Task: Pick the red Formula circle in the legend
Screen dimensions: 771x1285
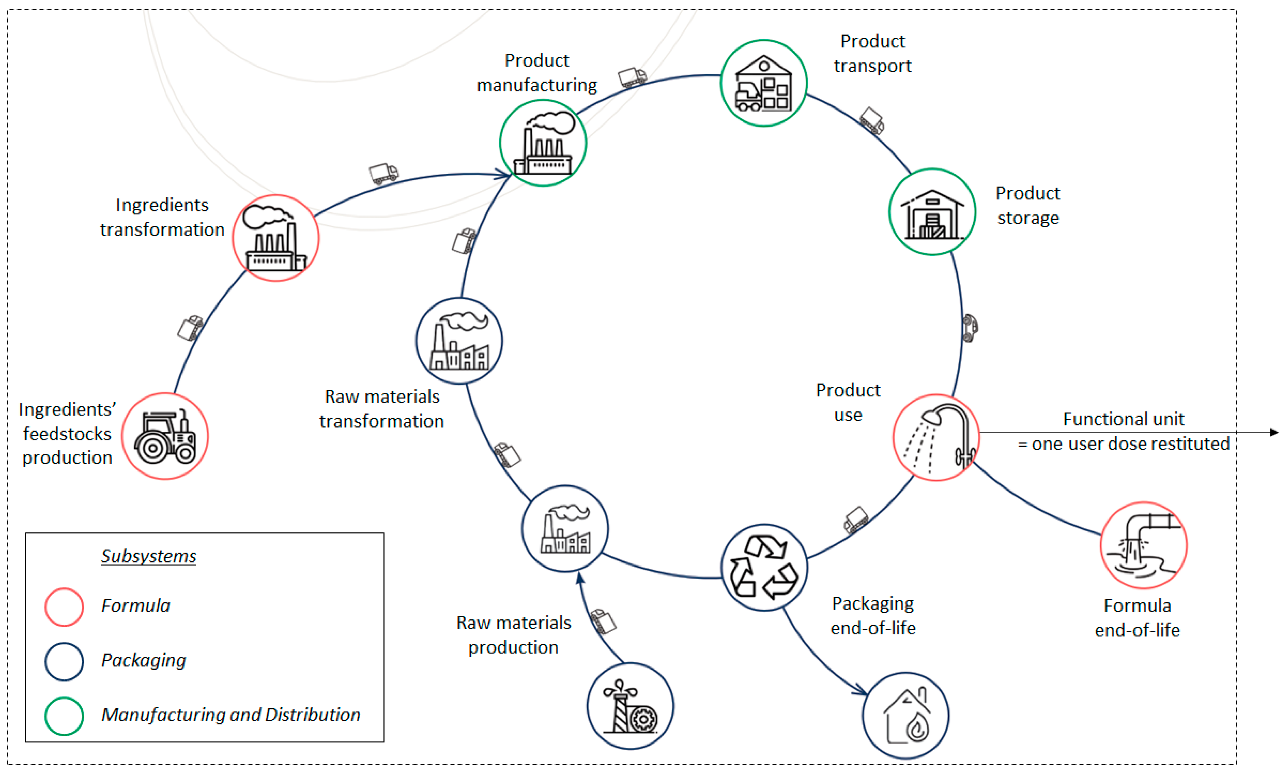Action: point(64,607)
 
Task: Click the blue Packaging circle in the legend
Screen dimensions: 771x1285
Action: point(64,661)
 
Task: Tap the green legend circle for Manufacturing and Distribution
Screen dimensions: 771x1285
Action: point(64,716)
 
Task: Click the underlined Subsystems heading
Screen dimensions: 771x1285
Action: point(149,556)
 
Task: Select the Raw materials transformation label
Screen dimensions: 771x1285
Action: point(382,408)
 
